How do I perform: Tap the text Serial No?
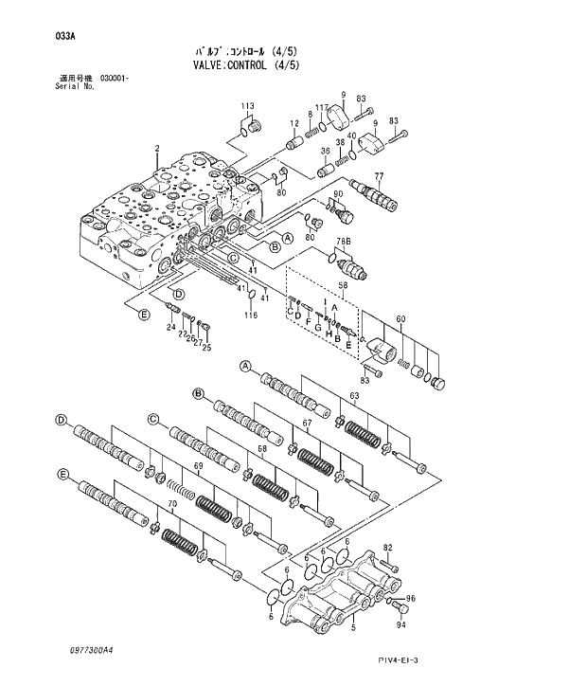[x=76, y=86]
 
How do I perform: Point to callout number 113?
[x=247, y=104]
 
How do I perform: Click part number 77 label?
[x=379, y=176]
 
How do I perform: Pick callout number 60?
[x=400, y=319]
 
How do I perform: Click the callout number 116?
[x=251, y=316]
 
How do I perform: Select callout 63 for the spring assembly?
[x=354, y=395]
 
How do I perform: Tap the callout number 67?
[x=307, y=423]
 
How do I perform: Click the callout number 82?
[x=387, y=548]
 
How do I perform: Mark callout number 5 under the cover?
[x=353, y=626]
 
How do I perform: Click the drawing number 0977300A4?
[x=90, y=651]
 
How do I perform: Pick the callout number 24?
[x=171, y=328]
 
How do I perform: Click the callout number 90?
[x=336, y=194]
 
